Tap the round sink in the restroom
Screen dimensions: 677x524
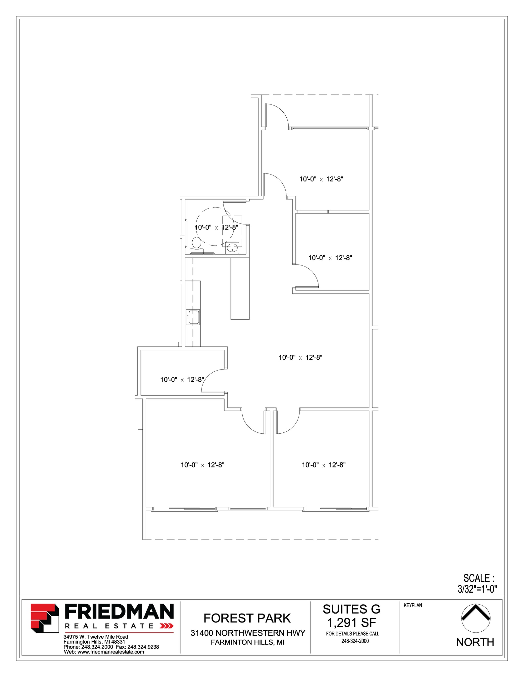tap(233, 248)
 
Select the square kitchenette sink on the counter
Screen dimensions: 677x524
tap(193, 317)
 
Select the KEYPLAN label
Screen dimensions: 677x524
tap(413, 605)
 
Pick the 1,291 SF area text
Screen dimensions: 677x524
tap(352, 623)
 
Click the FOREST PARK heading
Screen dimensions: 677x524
tap(247, 618)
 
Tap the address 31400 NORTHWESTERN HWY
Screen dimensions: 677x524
tap(248, 633)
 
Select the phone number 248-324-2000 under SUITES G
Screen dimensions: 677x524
tap(355, 641)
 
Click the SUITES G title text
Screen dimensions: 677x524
tap(352, 609)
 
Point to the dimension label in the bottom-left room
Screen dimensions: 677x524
tap(202, 465)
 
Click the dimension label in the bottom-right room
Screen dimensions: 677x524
tap(323, 465)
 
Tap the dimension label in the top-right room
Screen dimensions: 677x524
tap(321, 179)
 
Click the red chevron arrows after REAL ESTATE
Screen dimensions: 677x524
tap(167, 626)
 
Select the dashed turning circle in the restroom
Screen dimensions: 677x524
tap(215, 226)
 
